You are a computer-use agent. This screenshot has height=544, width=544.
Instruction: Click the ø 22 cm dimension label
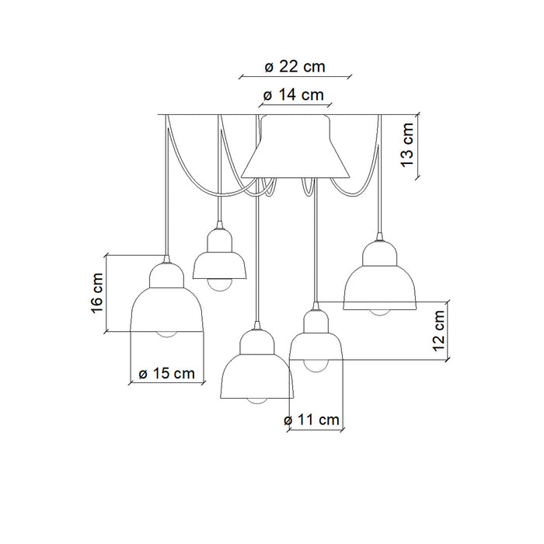pyautogui.click(x=295, y=67)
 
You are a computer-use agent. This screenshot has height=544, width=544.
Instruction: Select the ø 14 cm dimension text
pyautogui.click(x=294, y=95)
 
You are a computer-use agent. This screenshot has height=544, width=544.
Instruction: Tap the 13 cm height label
pyautogui.click(x=408, y=145)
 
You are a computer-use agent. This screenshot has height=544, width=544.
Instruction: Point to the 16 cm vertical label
pyautogui.click(x=97, y=293)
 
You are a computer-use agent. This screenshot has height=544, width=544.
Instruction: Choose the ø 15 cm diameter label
pyautogui.click(x=166, y=373)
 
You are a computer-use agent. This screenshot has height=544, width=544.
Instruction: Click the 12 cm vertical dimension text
pyautogui.click(x=439, y=330)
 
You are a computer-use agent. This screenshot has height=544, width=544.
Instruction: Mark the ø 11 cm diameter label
pyautogui.click(x=311, y=420)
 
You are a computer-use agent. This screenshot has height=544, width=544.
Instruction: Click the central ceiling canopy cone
pyautogui.click(x=295, y=147)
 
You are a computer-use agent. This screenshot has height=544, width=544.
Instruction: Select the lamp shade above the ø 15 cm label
pyautogui.click(x=167, y=298)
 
